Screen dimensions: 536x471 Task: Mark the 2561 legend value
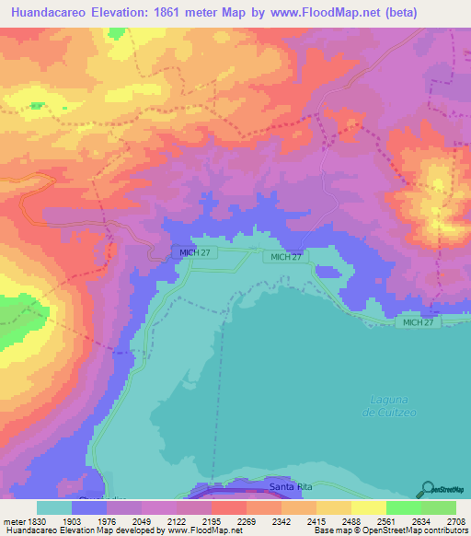(x=393, y=520)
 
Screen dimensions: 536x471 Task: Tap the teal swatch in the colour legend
(x=54, y=507)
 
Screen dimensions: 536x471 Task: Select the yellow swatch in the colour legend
(x=368, y=507)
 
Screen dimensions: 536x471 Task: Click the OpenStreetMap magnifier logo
(x=429, y=489)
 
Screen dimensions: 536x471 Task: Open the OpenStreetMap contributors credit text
(x=409, y=530)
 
